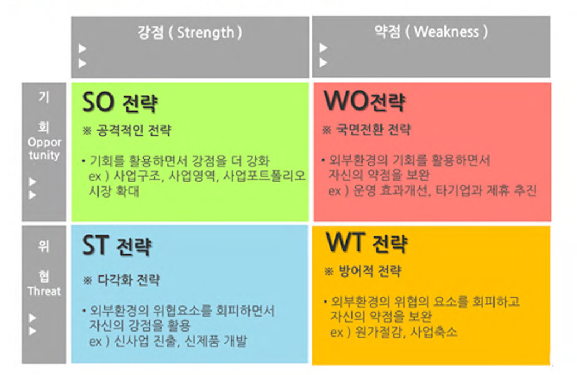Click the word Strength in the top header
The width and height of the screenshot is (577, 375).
click(206, 33)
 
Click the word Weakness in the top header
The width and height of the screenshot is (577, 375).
click(446, 32)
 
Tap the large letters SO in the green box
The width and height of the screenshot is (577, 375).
click(98, 102)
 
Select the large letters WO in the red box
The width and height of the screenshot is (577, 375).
click(345, 100)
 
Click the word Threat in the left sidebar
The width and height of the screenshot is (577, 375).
click(44, 291)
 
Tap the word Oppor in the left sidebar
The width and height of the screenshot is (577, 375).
click(45, 142)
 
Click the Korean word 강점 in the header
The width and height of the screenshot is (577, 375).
click(150, 32)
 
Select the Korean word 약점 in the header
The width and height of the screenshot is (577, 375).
click(387, 32)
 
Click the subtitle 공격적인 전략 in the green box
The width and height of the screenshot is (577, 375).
click(134, 131)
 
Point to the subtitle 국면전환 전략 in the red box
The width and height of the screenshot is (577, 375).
click(374, 130)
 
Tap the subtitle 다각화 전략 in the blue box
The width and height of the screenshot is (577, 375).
click(129, 280)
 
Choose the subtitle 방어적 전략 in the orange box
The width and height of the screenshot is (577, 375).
click(370, 272)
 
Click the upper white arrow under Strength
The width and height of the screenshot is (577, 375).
click(82, 48)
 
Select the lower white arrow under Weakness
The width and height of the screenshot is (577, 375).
click(324, 63)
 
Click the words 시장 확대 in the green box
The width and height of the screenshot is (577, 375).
click(114, 191)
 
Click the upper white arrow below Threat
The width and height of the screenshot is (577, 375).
click(33, 318)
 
